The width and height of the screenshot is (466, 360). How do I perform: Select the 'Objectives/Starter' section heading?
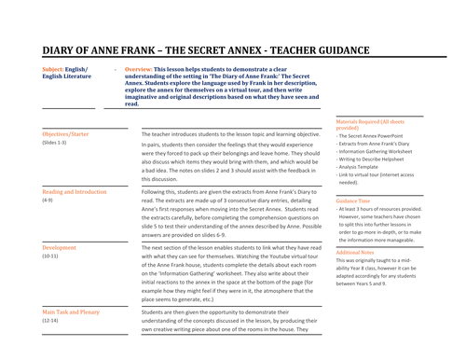(x=67, y=134)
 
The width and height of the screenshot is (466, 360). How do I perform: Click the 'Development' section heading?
(x=60, y=247)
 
